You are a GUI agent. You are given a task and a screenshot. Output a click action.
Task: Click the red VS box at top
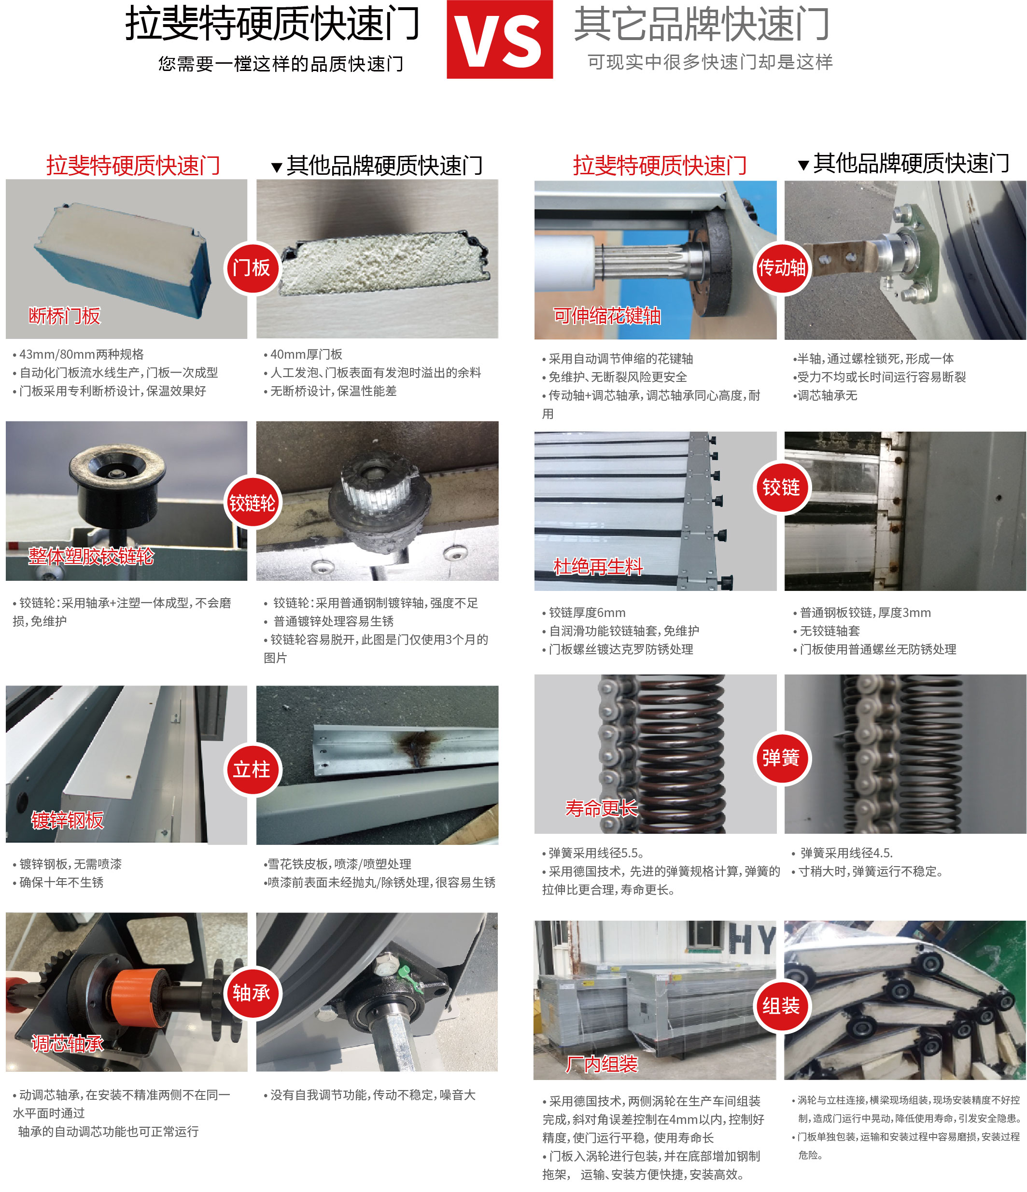[x=499, y=39]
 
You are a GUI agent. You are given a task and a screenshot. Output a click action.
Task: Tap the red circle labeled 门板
[x=252, y=267]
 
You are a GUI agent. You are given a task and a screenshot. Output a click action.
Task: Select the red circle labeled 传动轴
[x=781, y=267]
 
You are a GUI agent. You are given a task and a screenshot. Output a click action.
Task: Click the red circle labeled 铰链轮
[x=252, y=504]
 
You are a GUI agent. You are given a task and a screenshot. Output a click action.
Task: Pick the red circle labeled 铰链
[x=781, y=488]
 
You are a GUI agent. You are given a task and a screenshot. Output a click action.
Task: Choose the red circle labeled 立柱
[x=252, y=769]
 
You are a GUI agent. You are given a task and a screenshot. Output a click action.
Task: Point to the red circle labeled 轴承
[x=252, y=993]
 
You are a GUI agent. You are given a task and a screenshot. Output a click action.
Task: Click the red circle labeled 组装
[x=781, y=1006]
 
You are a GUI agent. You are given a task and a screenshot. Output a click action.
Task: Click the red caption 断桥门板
[x=64, y=316]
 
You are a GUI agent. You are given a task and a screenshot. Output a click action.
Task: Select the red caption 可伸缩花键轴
[x=606, y=316]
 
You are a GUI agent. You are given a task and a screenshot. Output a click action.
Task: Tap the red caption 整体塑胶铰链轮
[x=91, y=556]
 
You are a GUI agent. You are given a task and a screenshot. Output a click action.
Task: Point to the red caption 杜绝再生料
[x=598, y=567]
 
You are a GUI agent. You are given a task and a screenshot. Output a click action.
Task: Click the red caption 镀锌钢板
[x=67, y=820]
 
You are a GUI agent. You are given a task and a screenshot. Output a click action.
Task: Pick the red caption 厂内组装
[x=601, y=1064]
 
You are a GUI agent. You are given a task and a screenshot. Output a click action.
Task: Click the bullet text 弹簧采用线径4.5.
[x=846, y=853]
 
